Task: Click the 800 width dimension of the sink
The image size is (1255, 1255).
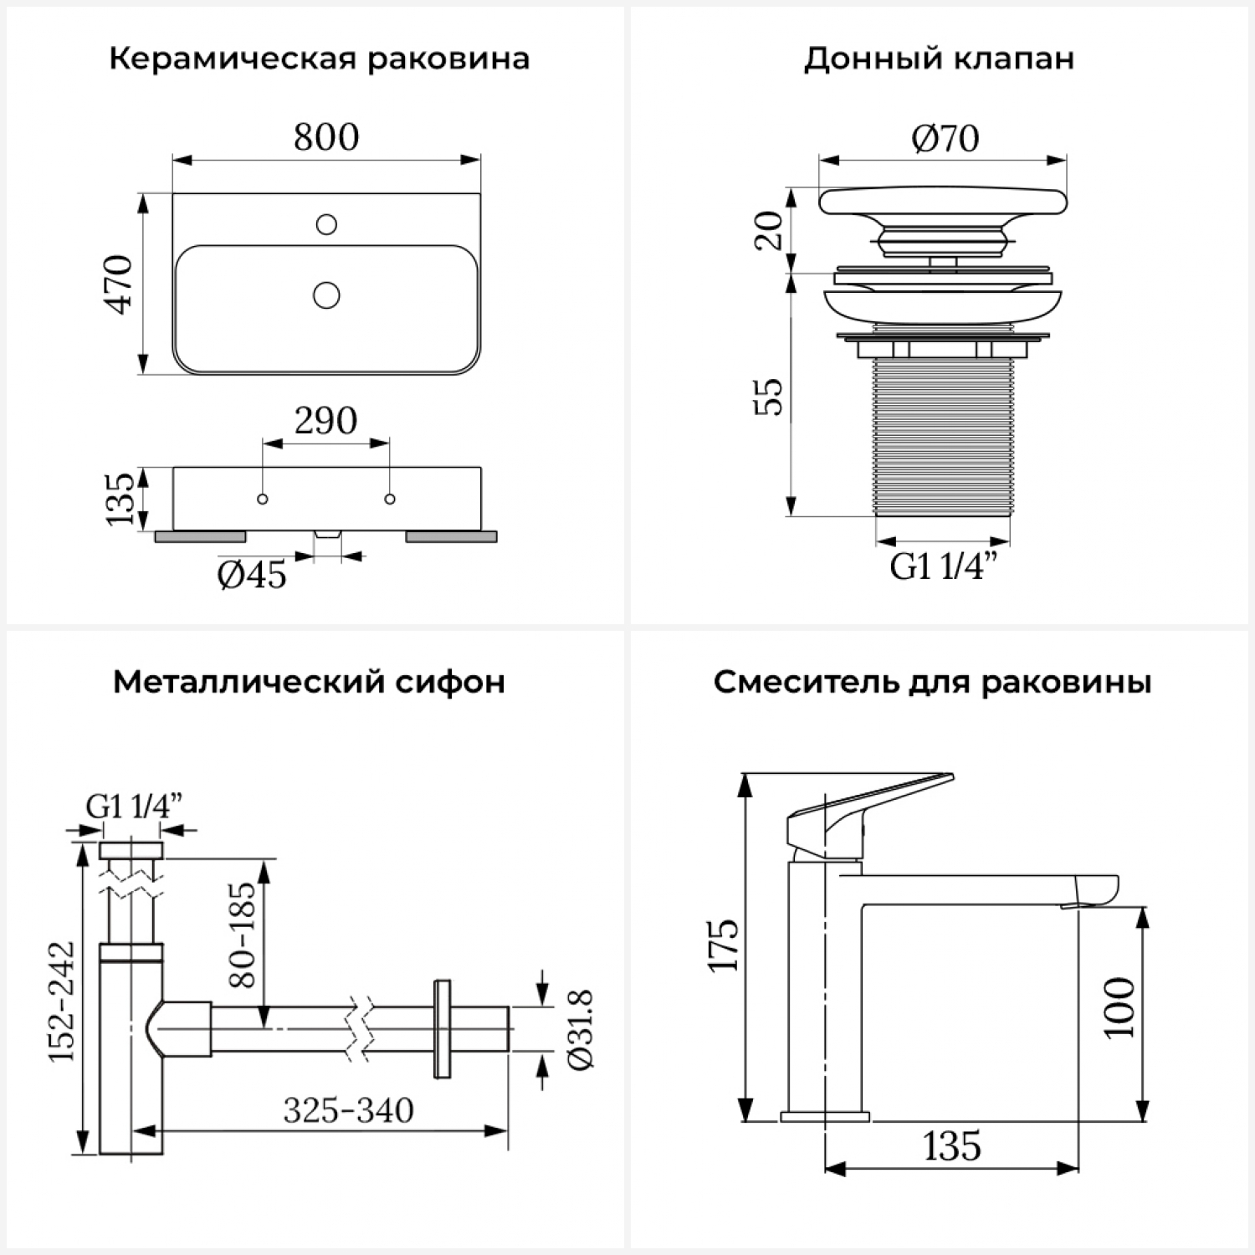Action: pyautogui.click(x=326, y=137)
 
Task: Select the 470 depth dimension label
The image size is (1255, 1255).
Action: pyautogui.click(x=120, y=284)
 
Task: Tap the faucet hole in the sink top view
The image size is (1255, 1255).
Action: pyautogui.click(x=326, y=224)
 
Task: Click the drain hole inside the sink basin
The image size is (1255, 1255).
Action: pyautogui.click(x=326, y=295)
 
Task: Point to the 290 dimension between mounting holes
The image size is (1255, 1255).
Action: pyautogui.click(x=325, y=420)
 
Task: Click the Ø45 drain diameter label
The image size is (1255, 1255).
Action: pyautogui.click(x=252, y=575)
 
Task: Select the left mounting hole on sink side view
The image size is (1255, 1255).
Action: pyautogui.click(x=263, y=499)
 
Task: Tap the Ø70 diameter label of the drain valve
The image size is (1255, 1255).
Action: pyautogui.click(x=945, y=138)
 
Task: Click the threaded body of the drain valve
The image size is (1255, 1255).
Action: pyautogui.click(x=943, y=435)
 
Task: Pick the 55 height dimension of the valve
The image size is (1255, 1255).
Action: pyautogui.click(x=770, y=397)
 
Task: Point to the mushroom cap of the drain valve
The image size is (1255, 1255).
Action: pyautogui.click(x=943, y=202)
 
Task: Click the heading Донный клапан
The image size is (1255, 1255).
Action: pyautogui.click(x=939, y=59)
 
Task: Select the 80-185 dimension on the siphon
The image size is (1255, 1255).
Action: pyautogui.click(x=242, y=934)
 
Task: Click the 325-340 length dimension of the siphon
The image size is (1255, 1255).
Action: pyautogui.click(x=348, y=1110)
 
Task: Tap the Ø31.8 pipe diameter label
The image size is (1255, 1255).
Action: pyautogui.click(x=580, y=1028)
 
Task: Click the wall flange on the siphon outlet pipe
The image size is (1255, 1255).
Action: pyautogui.click(x=442, y=1028)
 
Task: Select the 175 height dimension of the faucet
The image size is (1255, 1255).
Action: pyautogui.click(x=725, y=945)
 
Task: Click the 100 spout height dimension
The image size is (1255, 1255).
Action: pyautogui.click(x=1120, y=1007)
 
